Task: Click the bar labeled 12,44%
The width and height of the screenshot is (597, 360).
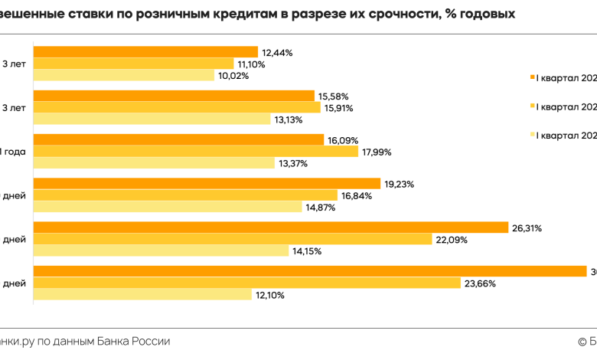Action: pyautogui.click(x=145, y=52)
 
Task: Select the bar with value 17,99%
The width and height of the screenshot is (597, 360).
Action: pyautogui.click(x=195, y=152)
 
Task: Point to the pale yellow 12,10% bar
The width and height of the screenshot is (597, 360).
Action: pyautogui.click(x=142, y=295)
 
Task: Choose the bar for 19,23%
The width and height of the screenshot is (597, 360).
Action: pyautogui.click(x=207, y=184)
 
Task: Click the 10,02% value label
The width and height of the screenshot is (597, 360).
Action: pyautogui.click(x=233, y=75)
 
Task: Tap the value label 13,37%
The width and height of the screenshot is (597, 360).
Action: pyautogui.click(x=294, y=162)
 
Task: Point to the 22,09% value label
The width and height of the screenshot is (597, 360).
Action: pyautogui.click(x=452, y=240)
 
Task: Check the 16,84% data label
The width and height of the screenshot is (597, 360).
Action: pyautogui.click(x=357, y=195)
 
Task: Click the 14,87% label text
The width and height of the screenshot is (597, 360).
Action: pyautogui.click(x=321, y=207)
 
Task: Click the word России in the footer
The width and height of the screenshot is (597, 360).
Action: pyautogui.click(x=150, y=341)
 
